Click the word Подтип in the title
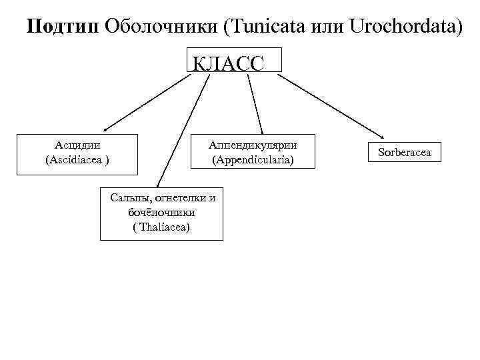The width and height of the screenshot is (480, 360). pos(63,27)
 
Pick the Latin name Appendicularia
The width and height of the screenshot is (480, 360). pos(253,161)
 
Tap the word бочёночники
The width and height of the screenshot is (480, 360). pos(161,213)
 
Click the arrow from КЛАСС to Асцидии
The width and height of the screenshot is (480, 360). pos(147,101)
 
